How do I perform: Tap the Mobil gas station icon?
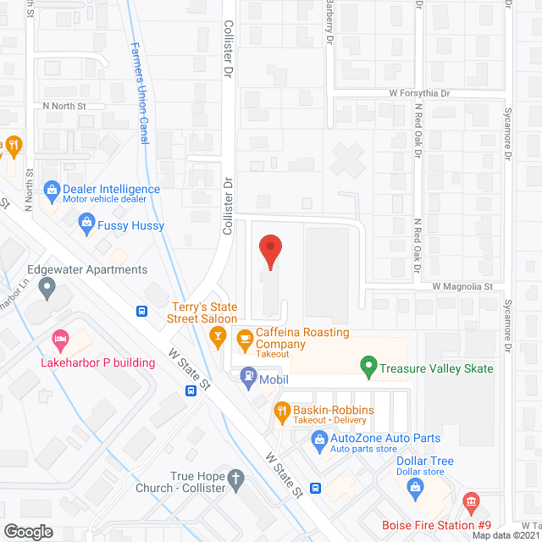(248, 375)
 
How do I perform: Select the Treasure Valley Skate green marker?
(368, 368)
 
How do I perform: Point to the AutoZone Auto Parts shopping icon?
(318, 439)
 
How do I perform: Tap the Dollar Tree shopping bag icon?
(415, 486)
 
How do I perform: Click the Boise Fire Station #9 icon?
(470, 504)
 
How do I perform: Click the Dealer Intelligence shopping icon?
(51, 190)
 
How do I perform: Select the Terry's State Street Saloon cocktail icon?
(218, 339)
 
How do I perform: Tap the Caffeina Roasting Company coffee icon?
(245, 340)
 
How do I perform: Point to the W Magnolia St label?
(462, 287)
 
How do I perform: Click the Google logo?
(28, 531)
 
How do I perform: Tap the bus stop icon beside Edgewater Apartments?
(141, 310)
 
